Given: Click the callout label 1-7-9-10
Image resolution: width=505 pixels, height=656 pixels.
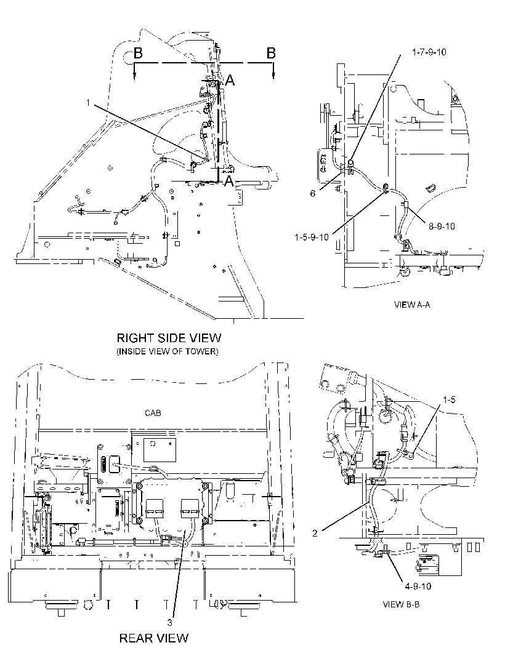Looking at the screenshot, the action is pos(429,52).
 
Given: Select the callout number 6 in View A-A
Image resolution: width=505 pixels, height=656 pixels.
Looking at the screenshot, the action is pos(313,194).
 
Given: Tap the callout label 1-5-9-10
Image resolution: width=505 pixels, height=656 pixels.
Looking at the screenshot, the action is pos(312,237).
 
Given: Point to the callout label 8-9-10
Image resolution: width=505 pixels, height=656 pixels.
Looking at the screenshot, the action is pos(442,226).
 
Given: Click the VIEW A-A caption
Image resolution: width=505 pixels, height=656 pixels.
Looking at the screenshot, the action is pos(412,305).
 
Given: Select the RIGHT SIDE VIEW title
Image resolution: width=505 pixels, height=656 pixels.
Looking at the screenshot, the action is pos(169,338).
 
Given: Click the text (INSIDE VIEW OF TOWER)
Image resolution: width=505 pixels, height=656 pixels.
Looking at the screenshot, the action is pos(167,351).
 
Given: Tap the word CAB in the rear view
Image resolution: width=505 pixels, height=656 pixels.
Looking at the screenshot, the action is pos(153,413).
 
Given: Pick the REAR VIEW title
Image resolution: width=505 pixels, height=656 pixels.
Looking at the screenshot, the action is pos(154,638).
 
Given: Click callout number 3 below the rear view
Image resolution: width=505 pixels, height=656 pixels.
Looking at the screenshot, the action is pos(169,623).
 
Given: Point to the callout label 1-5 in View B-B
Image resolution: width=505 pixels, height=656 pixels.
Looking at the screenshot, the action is pos(449,400).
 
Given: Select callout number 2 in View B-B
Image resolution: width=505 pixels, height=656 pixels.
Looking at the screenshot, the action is pos(315,533).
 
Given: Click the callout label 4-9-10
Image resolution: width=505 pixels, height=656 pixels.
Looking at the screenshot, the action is pos(418,586).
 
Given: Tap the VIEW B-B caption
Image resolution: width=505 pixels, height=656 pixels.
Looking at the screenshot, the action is pos(401,604).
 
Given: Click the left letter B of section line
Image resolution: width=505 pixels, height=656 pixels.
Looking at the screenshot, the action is pos(138,54).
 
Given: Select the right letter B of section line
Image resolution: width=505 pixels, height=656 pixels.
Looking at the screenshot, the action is pos(272,53).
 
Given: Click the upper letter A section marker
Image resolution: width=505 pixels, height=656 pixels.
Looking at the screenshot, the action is pos(230,80).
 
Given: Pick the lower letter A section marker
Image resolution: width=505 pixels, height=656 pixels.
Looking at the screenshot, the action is pos(229,181).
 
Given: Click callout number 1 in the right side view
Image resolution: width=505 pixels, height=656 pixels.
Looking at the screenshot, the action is pos(88,102).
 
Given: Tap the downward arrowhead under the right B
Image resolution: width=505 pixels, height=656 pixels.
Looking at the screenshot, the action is pos(273,75).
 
